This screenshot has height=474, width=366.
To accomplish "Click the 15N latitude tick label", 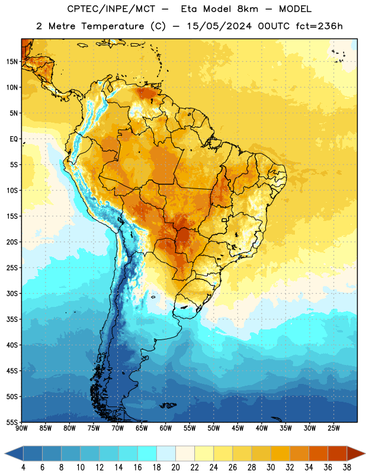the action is (12, 62).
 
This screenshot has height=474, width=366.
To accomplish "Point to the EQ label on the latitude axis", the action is (14, 139).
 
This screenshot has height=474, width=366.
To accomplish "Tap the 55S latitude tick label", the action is (12, 422).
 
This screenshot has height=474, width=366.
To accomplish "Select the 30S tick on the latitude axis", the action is (12, 293).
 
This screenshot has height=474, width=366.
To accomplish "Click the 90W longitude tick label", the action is (21, 428).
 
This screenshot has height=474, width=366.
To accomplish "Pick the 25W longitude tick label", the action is (333, 428).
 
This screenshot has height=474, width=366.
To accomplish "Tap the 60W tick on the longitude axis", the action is (166, 428).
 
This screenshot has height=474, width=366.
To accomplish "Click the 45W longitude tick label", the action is (237, 428).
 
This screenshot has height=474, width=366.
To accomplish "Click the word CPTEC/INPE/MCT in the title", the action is (111, 9).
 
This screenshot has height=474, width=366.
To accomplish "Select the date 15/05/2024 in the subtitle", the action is (219, 26).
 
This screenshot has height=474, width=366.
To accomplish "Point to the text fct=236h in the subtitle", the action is (319, 26).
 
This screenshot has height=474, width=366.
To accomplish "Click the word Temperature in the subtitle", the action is (113, 26).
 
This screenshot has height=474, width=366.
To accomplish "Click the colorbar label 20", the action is (175, 467).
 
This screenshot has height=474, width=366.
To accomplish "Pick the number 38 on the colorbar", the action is (347, 467).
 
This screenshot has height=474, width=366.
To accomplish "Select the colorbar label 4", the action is (23, 467).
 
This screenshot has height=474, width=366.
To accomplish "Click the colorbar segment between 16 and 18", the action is (147, 454).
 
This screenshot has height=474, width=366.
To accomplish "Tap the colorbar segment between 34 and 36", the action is (319, 454).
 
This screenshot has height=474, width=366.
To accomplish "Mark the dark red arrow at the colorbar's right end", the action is (355, 454).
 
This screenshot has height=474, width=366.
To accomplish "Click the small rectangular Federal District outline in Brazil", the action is (224, 220).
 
